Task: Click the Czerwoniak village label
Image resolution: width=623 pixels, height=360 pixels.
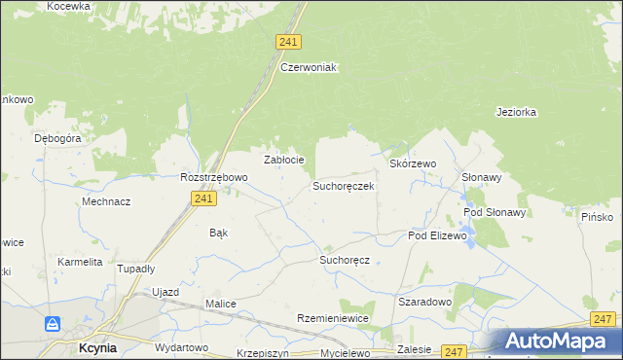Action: (x=308, y=67)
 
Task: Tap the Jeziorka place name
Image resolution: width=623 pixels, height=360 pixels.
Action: (x=516, y=112)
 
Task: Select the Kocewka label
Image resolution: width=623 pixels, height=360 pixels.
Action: (x=68, y=6)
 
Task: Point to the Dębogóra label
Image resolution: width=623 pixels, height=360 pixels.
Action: (x=57, y=139)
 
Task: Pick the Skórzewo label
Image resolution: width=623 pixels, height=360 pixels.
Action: (x=413, y=164)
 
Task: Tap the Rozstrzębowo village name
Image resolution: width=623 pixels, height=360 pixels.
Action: (x=214, y=177)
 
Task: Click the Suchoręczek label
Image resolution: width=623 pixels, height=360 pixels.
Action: (x=343, y=185)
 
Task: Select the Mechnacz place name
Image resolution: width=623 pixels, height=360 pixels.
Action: (x=106, y=201)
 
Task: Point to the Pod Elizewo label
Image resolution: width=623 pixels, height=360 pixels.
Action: (x=438, y=236)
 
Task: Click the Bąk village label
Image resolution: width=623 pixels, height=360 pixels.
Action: (x=219, y=233)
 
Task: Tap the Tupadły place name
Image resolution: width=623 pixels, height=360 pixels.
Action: (x=136, y=269)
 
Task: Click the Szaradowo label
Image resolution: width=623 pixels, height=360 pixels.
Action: (x=424, y=302)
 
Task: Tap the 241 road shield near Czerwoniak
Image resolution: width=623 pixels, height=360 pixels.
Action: (x=288, y=42)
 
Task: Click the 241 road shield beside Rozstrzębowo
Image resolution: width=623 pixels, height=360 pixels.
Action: (x=202, y=198)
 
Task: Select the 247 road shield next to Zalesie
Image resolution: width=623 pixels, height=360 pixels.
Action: (x=454, y=350)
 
